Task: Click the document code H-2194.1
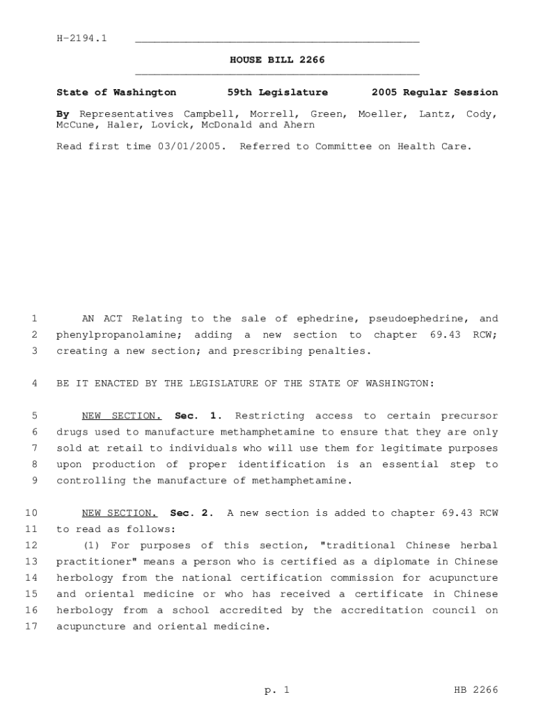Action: [x=81, y=38]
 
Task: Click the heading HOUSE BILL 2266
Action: [x=277, y=61]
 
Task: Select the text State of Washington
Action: [x=116, y=92]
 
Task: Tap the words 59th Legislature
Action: [x=278, y=92]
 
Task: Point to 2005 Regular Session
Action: [x=434, y=92]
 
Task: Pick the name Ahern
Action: [x=299, y=125]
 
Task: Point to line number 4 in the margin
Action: [x=34, y=384]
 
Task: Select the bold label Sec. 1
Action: [x=198, y=416]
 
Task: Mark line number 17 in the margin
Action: [x=31, y=627]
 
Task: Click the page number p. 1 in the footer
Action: [x=276, y=690]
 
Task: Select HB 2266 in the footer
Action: [x=475, y=690]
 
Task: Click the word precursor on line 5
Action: [x=472, y=416]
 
